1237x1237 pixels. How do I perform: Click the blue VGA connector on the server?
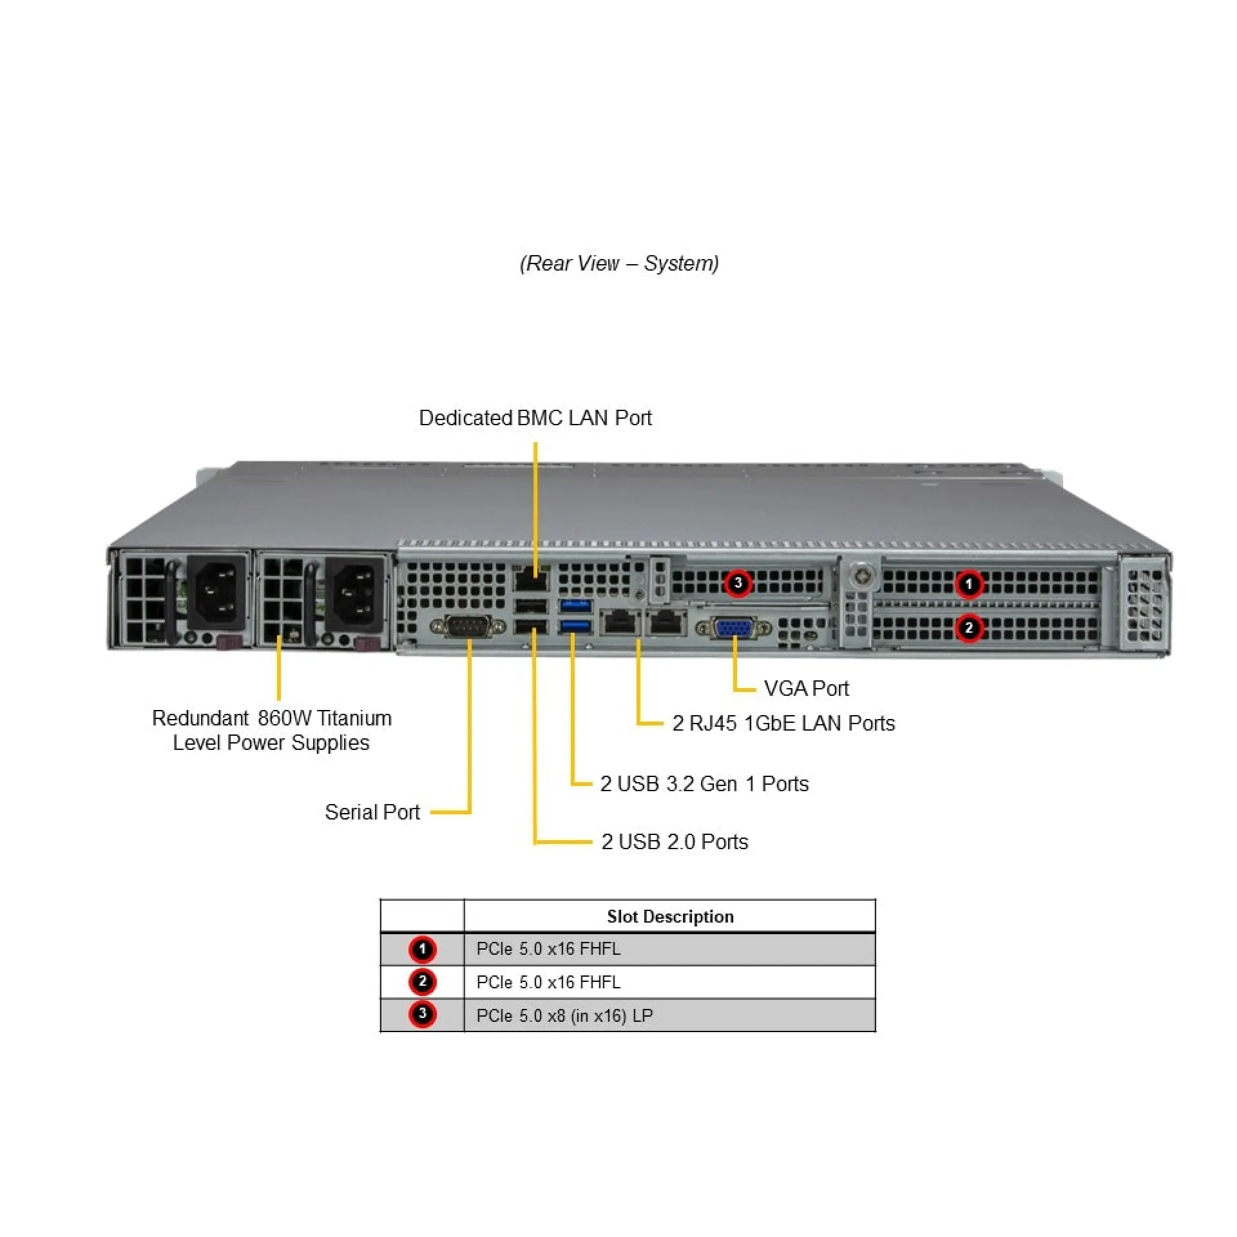(734, 628)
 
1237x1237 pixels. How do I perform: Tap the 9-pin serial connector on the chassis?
(468, 626)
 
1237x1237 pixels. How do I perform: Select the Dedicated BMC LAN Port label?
(535, 417)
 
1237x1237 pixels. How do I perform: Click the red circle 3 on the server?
(738, 583)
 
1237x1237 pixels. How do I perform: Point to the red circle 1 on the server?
(968, 584)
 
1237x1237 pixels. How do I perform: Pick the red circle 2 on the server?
(968, 628)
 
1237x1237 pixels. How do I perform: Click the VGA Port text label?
(806, 688)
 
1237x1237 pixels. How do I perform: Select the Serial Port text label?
(372, 812)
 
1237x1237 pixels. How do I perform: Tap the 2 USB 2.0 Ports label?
(675, 841)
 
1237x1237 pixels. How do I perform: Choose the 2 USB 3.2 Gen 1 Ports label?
(704, 783)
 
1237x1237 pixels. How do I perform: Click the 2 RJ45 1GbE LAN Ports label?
(783, 723)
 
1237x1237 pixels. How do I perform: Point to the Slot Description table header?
(670, 916)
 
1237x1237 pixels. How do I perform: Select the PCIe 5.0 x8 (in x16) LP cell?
(564, 1015)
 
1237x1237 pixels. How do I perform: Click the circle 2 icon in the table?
(422, 982)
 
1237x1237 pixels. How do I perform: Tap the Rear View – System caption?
(619, 263)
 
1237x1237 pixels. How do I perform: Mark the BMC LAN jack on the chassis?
(530, 580)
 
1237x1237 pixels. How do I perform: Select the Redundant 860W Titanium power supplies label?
(271, 730)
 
